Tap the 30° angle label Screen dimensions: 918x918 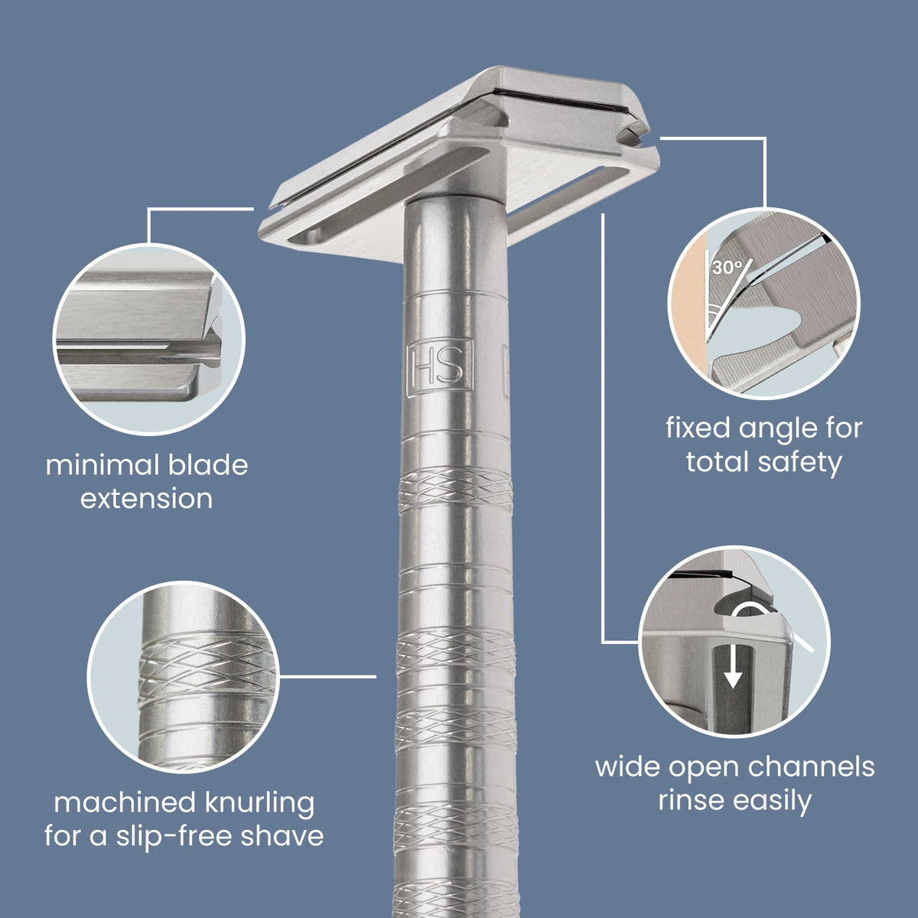tap(726, 268)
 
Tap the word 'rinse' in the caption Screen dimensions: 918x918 tap(692, 801)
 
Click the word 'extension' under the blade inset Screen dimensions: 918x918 tap(147, 499)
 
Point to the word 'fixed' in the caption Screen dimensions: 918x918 tap(698, 428)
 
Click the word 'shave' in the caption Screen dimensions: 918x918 tap(282, 836)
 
